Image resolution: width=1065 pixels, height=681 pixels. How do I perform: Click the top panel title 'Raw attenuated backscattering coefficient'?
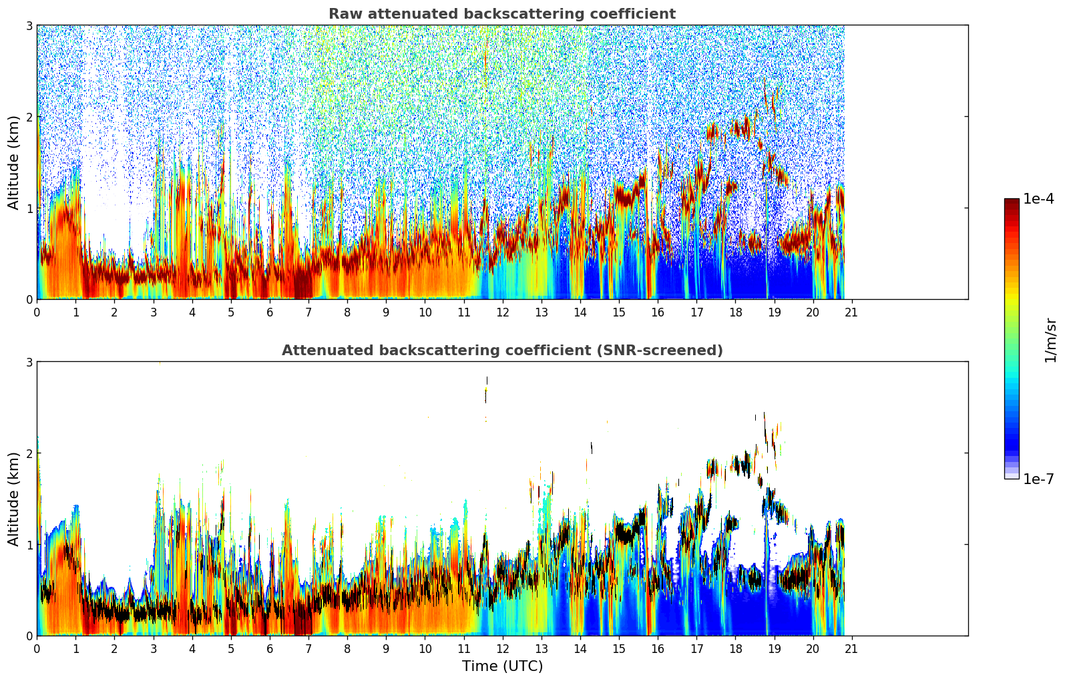(x=501, y=14)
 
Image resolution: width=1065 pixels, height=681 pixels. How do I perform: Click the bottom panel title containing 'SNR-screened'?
(x=501, y=351)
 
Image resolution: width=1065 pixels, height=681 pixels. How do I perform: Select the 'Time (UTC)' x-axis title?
(x=502, y=666)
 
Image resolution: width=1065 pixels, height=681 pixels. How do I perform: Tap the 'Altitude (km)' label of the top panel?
(x=14, y=162)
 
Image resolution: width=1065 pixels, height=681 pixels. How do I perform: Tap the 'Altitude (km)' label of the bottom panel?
(x=14, y=499)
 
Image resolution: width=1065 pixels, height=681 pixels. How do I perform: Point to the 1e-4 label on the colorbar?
(x=1038, y=199)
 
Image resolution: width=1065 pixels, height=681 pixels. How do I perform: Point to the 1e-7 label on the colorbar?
(x=1038, y=479)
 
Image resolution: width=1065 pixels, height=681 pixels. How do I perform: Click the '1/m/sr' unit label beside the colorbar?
(x=1050, y=340)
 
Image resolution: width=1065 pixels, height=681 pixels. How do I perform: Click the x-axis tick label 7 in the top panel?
(x=308, y=312)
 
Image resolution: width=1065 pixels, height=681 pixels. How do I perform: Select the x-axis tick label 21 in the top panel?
(x=851, y=312)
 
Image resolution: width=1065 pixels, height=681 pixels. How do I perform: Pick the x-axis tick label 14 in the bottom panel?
(x=580, y=648)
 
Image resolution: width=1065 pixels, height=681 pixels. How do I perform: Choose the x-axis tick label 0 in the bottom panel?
(x=37, y=648)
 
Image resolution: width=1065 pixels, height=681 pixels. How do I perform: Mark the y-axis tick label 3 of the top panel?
(x=29, y=25)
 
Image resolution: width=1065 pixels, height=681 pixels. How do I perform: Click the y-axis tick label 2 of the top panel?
(x=29, y=117)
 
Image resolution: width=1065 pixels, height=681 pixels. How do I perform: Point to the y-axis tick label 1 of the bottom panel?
(x=29, y=545)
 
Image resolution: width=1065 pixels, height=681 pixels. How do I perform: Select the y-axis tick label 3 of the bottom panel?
(x=29, y=362)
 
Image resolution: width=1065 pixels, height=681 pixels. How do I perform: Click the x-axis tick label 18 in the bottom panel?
(x=735, y=648)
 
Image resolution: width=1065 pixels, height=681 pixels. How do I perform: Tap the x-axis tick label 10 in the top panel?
(x=425, y=312)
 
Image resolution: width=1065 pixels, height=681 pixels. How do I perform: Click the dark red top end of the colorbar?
(x=1011, y=202)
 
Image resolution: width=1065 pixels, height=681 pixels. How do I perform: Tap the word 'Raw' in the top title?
(x=343, y=14)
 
